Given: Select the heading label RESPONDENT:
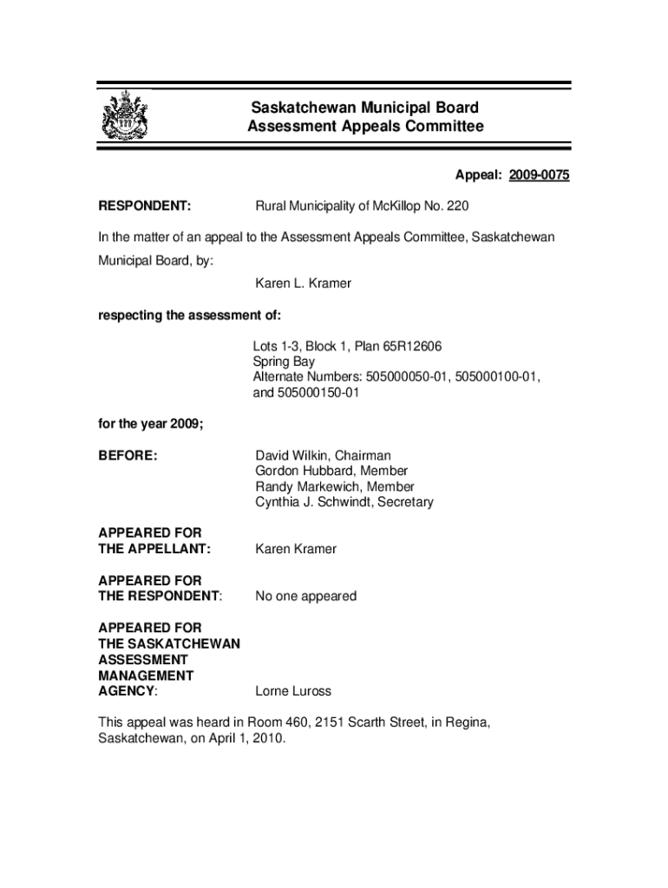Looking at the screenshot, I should pyautogui.click(x=145, y=206).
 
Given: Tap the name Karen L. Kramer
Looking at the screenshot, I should pyautogui.click(x=303, y=284).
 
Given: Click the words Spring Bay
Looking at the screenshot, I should pyautogui.click(x=284, y=362).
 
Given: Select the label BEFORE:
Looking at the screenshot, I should pyautogui.click(x=128, y=455).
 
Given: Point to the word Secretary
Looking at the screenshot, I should pyautogui.click(x=403, y=502).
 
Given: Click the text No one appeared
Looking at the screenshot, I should pyautogui.click(x=305, y=596).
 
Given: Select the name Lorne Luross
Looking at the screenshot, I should pyautogui.click(x=293, y=691).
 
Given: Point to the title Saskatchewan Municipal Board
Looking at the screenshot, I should pyautogui.click(x=364, y=108).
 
